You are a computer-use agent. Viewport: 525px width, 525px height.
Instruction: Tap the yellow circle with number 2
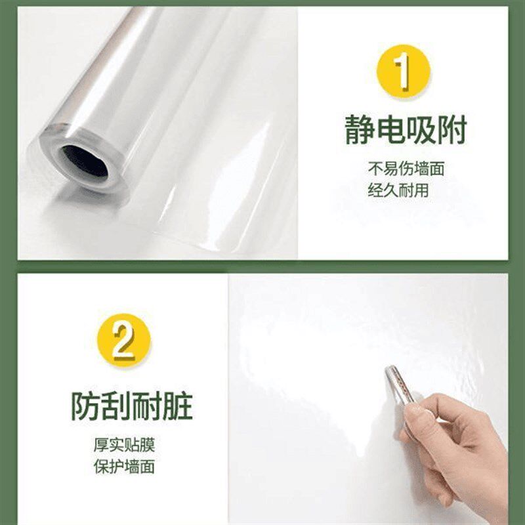coord(123,341)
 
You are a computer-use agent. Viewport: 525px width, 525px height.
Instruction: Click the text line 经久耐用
coord(398,192)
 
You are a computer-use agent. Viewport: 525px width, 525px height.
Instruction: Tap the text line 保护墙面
coord(124,468)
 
